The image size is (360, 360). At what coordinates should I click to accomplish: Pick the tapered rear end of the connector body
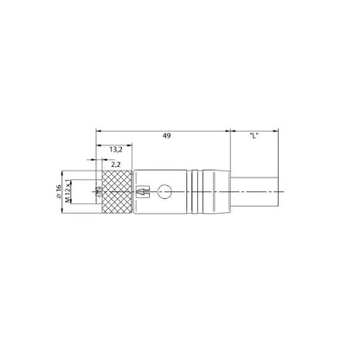point(222,190)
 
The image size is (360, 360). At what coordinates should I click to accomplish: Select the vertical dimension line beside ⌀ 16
point(67,191)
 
